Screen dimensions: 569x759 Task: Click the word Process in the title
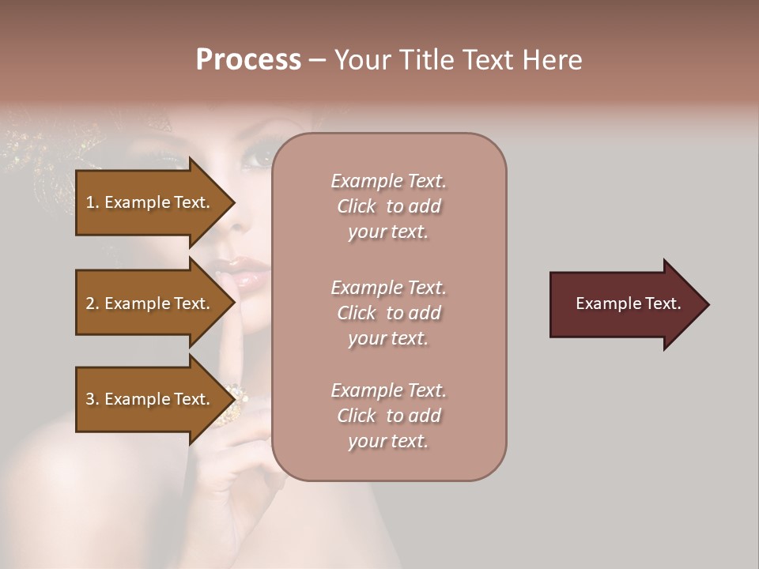coord(248,60)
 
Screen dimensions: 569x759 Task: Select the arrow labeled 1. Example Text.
coord(150,202)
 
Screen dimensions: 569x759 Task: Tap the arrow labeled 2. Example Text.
coord(150,303)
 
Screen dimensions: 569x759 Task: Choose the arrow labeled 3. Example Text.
coord(150,399)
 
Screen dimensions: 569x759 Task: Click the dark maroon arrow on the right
coord(625,304)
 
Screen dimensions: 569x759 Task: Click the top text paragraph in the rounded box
coord(388,206)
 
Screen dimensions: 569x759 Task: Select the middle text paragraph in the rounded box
coord(388,313)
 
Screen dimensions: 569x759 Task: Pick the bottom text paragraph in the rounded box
coord(388,416)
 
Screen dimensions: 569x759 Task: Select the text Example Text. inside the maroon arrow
coord(628,303)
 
